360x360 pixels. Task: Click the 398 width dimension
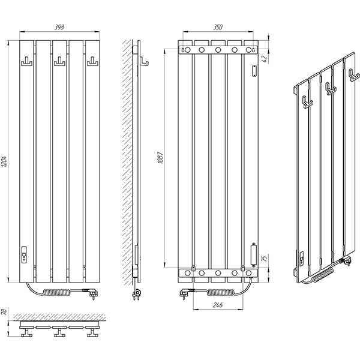point(59,27)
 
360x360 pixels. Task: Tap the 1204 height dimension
point(4,161)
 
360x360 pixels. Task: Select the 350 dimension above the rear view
point(218,27)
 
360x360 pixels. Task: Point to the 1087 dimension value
point(160,157)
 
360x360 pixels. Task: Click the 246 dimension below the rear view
point(217,305)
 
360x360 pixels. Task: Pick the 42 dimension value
point(265,59)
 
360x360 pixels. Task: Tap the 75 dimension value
point(265,258)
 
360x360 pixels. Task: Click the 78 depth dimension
point(4,312)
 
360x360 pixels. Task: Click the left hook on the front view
point(26,62)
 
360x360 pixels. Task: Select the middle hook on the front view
point(59,62)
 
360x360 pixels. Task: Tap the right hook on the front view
point(92,62)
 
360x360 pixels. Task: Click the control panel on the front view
point(24,254)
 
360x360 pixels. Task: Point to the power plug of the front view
point(92,293)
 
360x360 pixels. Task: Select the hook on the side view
point(145,62)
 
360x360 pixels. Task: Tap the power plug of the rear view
point(185,293)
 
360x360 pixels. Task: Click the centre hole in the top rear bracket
point(218,50)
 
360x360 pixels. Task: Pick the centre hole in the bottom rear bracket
point(218,273)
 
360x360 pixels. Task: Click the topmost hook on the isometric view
point(354,76)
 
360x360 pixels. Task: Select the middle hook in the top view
point(59,332)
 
